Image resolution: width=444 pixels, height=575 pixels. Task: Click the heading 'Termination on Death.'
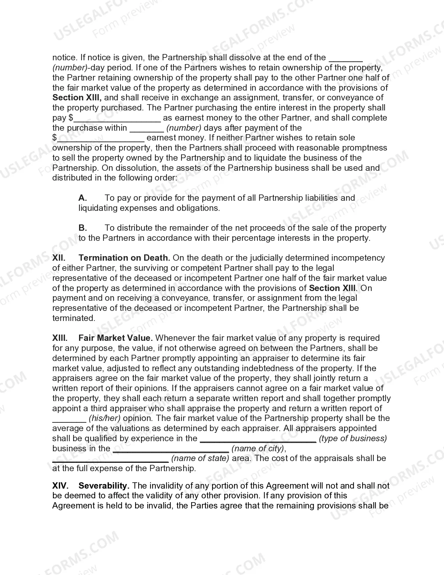tap(124, 258)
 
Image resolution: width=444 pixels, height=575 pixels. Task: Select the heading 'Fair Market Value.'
tap(116, 338)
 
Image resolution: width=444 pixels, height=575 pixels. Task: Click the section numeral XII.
tap(59, 258)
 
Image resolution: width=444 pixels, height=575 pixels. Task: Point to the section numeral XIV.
tap(60, 486)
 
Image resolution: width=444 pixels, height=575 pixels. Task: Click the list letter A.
tap(83, 198)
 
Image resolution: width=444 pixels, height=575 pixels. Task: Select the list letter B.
tap(83, 228)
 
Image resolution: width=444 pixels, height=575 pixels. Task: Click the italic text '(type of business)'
tap(353, 438)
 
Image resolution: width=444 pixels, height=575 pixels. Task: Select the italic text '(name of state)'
tap(200, 459)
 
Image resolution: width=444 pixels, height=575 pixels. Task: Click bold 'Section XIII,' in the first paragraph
tap(77, 98)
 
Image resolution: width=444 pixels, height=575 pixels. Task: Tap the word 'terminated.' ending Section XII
tap(73, 318)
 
